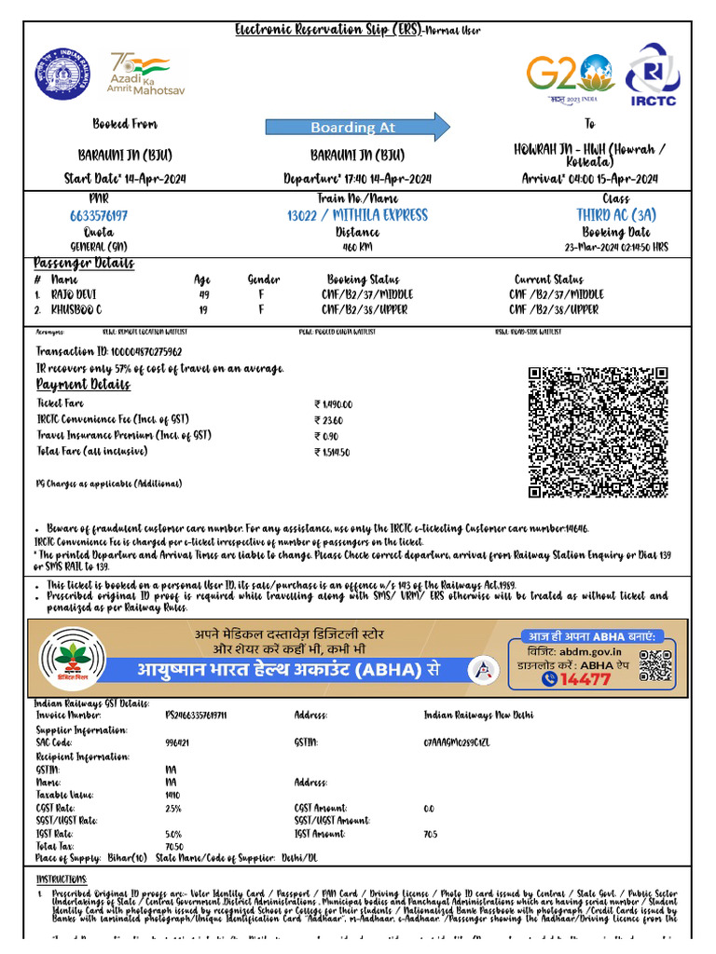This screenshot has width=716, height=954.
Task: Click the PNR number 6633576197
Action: click(x=99, y=215)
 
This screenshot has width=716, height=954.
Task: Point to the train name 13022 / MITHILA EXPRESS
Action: click(x=357, y=215)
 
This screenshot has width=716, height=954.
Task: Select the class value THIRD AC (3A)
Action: click(x=616, y=215)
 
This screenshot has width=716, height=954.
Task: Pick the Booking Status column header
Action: click(x=363, y=279)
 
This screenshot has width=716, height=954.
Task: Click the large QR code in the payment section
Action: click(x=598, y=432)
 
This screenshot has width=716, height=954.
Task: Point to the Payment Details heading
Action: click(x=83, y=385)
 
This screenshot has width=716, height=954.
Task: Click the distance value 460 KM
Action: click(x=357, y=247)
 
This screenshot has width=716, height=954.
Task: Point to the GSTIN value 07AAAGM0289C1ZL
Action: click(x=463, y=743)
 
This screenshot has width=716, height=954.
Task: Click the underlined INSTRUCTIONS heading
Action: click(x=62, y=879)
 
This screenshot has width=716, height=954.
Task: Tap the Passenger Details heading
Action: click(x=84, y=264)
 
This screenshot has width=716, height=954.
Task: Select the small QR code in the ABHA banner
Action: click(x=655, y=666)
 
